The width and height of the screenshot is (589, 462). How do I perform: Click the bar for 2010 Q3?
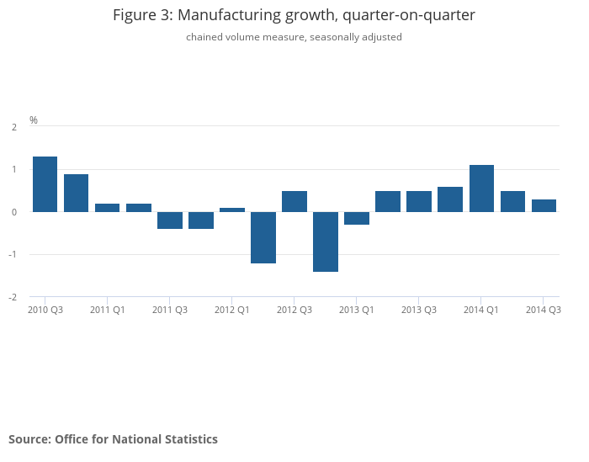coord(45,184)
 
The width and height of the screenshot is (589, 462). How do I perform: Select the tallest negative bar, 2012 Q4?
coord(326,242)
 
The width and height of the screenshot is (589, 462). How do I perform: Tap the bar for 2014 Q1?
coord(481,189)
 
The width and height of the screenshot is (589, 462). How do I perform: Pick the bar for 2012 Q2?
coord(263,237)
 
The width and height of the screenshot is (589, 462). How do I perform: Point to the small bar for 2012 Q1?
coord(232,210)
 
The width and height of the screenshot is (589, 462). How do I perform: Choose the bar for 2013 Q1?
coord(357,218)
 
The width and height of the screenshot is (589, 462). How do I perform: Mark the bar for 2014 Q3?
coord(544,205)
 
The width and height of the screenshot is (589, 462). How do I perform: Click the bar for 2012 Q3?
coord(294,201)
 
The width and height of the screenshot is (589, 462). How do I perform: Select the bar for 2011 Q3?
coord(170,220)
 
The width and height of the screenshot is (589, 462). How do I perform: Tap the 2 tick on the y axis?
coord(13,127)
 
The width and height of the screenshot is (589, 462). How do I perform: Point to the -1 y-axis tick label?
coord(12,255)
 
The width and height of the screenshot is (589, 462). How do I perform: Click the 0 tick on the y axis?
coord(13,212)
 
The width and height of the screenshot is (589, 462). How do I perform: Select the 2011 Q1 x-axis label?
coord(108,310)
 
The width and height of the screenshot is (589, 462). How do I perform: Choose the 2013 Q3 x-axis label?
coord(418,310)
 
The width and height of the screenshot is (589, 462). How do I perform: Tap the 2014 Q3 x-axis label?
coord(544,310)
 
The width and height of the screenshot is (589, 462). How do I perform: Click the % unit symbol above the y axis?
coord(34,120)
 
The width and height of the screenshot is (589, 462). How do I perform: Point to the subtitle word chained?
coord(205,37)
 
